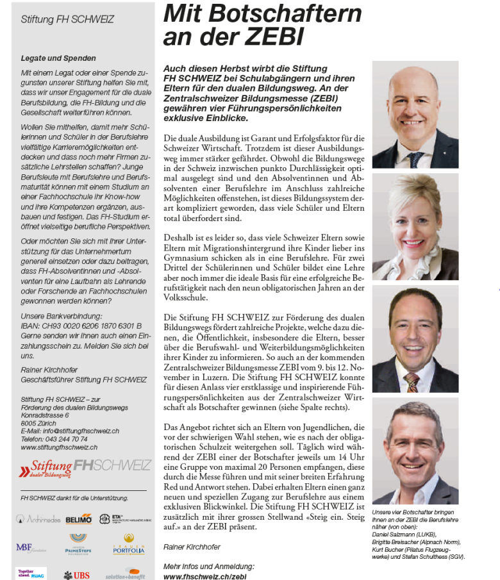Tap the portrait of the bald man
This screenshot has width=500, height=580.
coord(415,115)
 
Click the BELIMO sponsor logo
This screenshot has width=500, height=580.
coord(79,518)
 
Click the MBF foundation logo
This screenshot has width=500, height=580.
coord(31,548)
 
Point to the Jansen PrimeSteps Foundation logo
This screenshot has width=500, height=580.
coord(79,544)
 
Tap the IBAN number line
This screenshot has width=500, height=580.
coord(81,326)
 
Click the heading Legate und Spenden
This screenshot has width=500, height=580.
coord(58,58)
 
